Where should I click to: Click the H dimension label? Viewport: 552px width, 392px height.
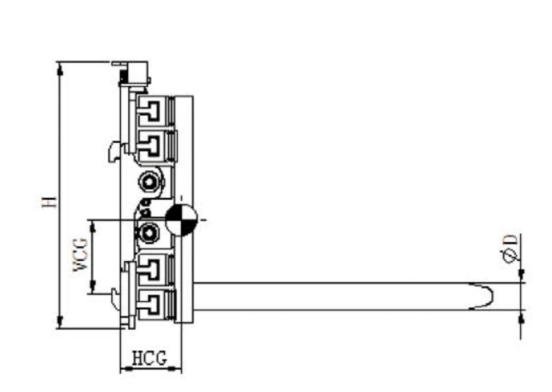pyautogui.click(x=50, y=201)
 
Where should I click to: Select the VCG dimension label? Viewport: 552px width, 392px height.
pyautogui.click(x=81, y=254)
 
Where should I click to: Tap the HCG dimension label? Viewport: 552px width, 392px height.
pyautogui.click(x=149, y=358)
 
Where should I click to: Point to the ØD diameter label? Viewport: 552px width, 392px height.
pyautogui.click(x=510, y=248)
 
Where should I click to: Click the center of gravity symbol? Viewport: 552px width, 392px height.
pyautogui.click(x=181, y=219)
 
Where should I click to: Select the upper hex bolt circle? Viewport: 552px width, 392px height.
pyautogui.click(x=149, y=182)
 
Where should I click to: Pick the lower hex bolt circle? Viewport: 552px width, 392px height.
pyautogui.click(x=149, y=233)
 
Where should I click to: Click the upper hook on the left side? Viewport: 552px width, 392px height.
pyautogui.click(x=114, y=151)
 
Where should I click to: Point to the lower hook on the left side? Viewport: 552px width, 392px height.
pyautogui.click(x=116, y=299)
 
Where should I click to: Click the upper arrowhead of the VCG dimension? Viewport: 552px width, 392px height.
pyautogui.click(x=93, y=227)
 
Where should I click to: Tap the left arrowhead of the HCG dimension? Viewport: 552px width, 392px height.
pyautogui.click(x=127, y=369)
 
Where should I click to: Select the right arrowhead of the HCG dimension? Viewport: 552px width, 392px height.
pyautogui.click(x=175, y=369)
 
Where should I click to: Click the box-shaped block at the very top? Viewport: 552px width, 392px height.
pyautogui.click(x=134, y=73)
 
